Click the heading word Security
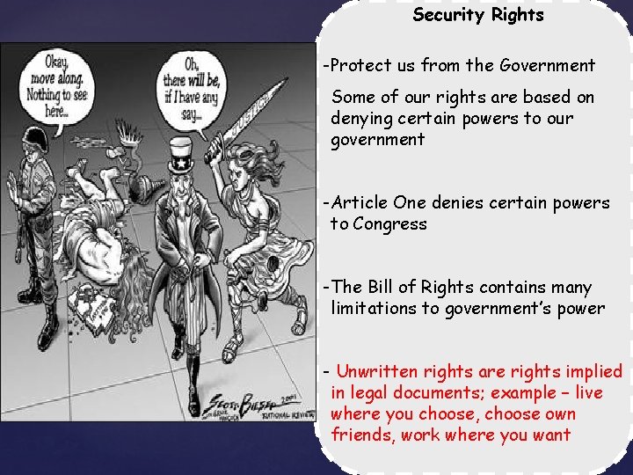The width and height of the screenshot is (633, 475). click(447, 15)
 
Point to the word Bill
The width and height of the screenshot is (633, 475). click(387, 288)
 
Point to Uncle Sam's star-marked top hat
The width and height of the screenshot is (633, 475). click(181, 157)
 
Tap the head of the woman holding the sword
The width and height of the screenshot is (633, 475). click(245, 180)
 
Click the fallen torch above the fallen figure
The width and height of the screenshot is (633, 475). click(132, 148)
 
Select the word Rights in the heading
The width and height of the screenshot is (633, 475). click(514, 15)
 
